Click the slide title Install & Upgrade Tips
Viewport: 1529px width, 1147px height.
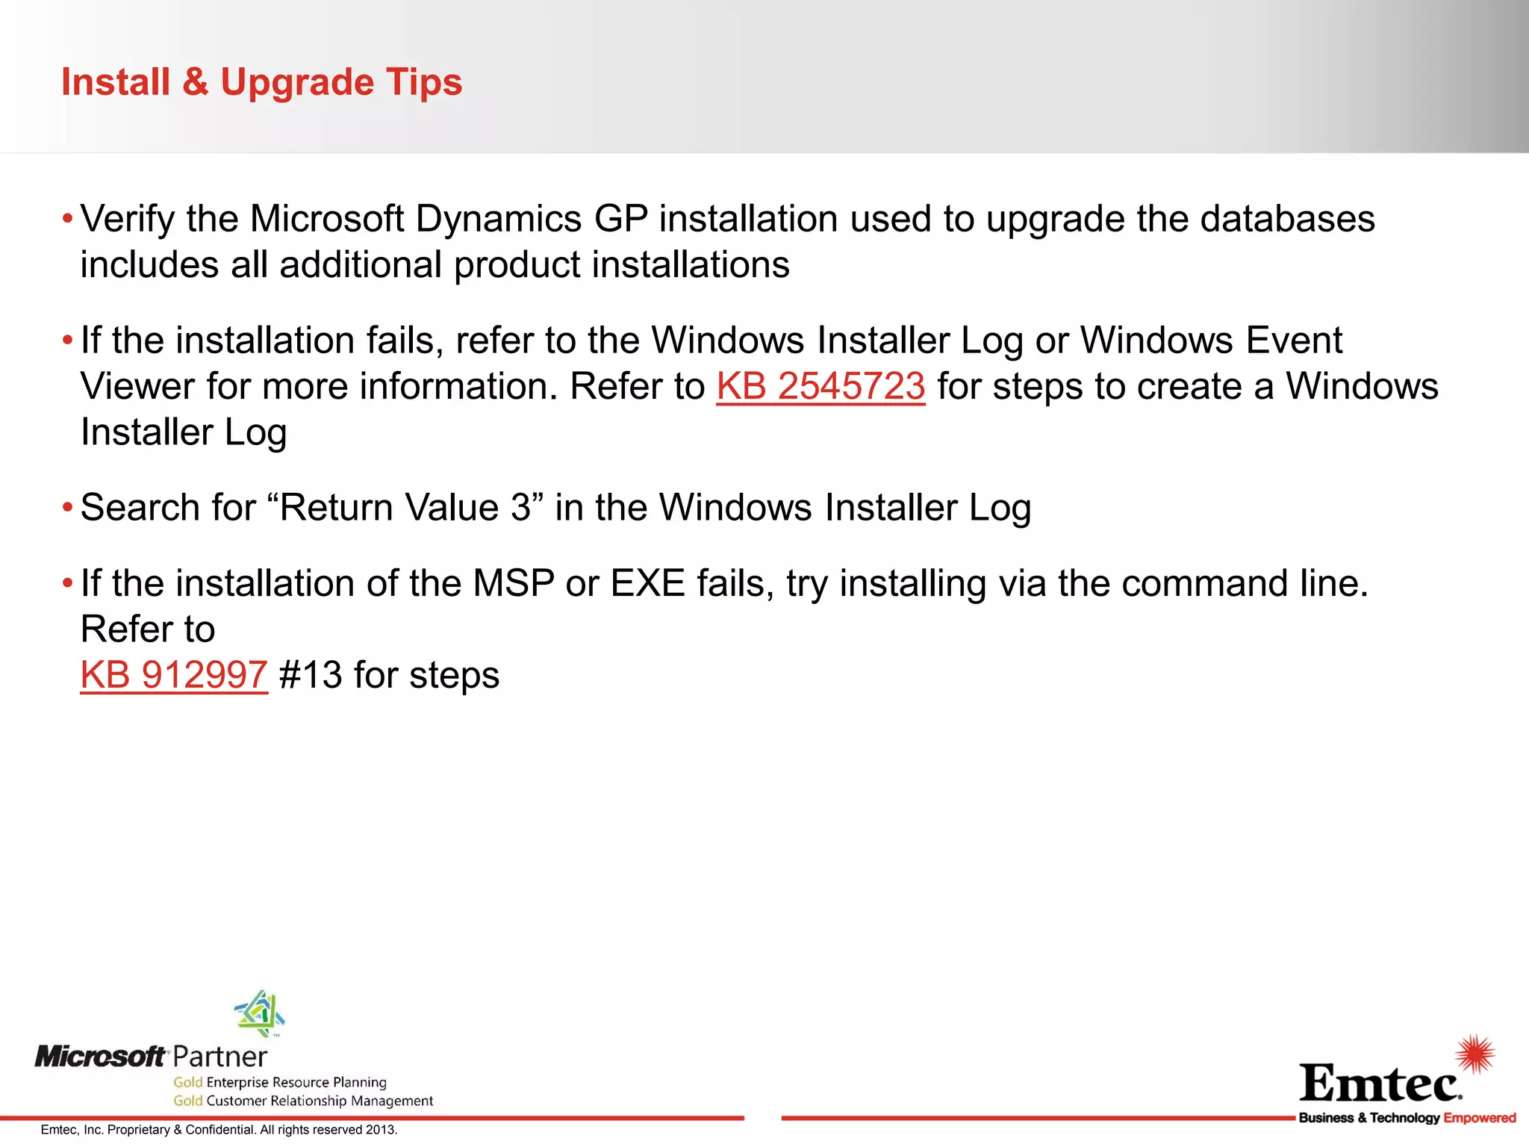coord(261,82)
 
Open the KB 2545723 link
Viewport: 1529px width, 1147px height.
coord(820,387)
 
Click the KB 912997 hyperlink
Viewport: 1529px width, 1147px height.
coord(173,675)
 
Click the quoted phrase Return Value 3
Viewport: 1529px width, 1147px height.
coord(405,508)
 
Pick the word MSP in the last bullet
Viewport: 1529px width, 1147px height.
coord(514,584)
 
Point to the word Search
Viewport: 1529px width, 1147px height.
coord(140,508)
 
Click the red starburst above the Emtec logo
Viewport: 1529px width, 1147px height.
coord(1475,1054)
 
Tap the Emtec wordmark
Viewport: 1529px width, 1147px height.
coord(1380,1083)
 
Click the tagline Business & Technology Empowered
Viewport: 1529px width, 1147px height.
coord(1407,1118)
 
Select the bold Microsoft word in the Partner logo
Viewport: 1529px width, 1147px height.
coord(100,1057)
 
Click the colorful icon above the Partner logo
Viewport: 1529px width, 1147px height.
coord(260,1013)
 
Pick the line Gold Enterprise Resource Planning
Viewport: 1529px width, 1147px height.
coord(280,1082)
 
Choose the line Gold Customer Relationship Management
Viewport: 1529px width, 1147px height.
coord(303,1101)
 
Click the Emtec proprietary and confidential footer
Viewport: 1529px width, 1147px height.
coord(219,1130)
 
